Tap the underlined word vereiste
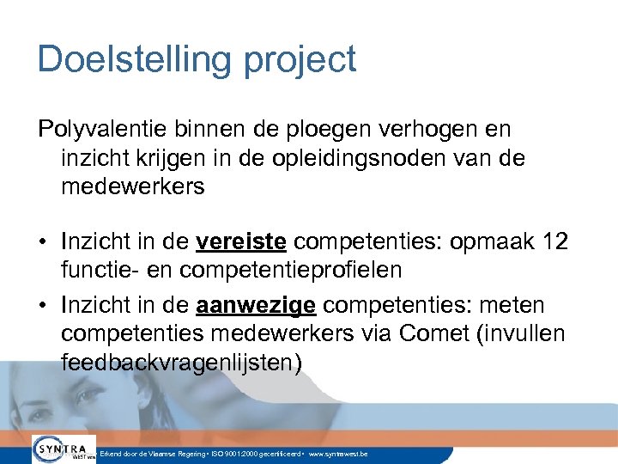pos(240,241)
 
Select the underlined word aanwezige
pos(256,305)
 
